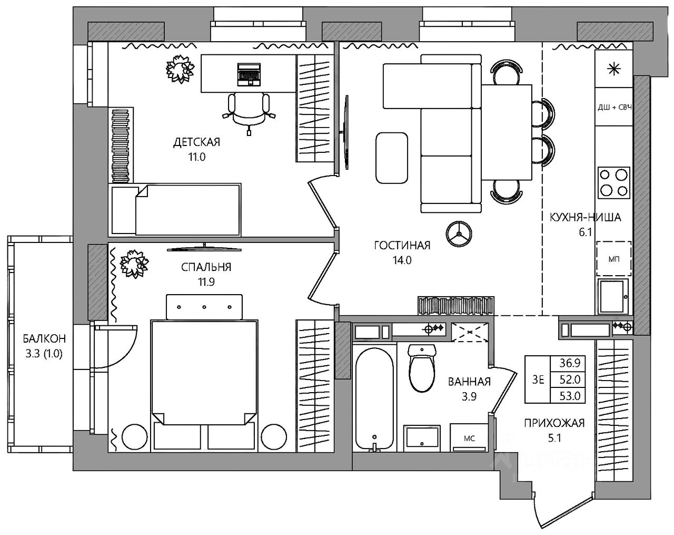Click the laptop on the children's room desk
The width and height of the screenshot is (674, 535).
tap(249, 74)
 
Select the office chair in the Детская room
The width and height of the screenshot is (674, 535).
tap(249, 113)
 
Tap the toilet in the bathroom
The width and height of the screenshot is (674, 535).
tap(422, 368)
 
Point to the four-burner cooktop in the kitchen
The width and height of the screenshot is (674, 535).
tap(613, 183)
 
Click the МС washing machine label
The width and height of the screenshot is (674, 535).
tap(469, 439)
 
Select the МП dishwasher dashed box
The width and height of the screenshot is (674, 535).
tap(613, 258)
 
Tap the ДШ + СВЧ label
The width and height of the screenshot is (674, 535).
tap(614, 108)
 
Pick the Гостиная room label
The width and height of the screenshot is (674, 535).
tap(402, 245)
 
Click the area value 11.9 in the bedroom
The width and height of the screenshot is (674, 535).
tap(206, 282)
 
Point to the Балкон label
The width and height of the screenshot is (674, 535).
tap(44, 338)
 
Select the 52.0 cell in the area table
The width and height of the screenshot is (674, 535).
tap(570, 380)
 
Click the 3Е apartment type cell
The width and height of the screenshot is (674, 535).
tap(538, 380)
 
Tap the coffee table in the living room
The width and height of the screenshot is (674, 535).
tap(392, 158)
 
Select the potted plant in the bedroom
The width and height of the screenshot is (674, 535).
tap(134, 263)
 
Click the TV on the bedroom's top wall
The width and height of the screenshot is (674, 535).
tap(204, 248)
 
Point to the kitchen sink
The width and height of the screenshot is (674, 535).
tap(613, 296)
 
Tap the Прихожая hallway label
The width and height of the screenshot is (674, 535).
tap(554, 423)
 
